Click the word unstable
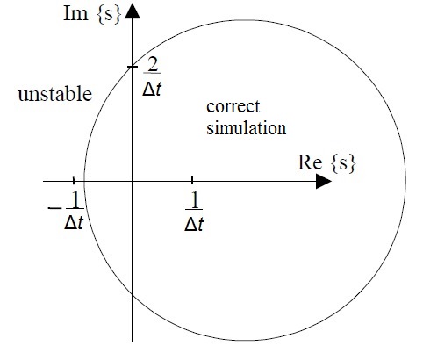click(55, 94)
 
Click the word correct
click(233, 106)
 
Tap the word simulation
click(247, 128)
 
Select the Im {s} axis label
click(92, 13)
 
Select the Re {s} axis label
click(326, 162)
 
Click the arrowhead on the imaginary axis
click(133, 11)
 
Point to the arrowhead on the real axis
click(324, 182)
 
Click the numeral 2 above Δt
click(153, 64)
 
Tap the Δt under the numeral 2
click(152, 88)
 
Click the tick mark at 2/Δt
click(133, 67)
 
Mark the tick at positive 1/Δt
click(192, 180)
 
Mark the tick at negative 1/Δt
click(74, 180)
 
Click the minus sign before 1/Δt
click(54, 208)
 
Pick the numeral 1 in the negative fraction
click(75, 200)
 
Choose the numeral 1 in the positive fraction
click(194, 201)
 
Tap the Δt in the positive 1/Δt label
click(194, 225)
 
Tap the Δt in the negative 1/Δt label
click(74, 223)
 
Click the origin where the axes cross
click(133, 182)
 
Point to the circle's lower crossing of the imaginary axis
click(133, 294)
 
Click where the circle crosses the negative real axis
click(84, 182)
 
